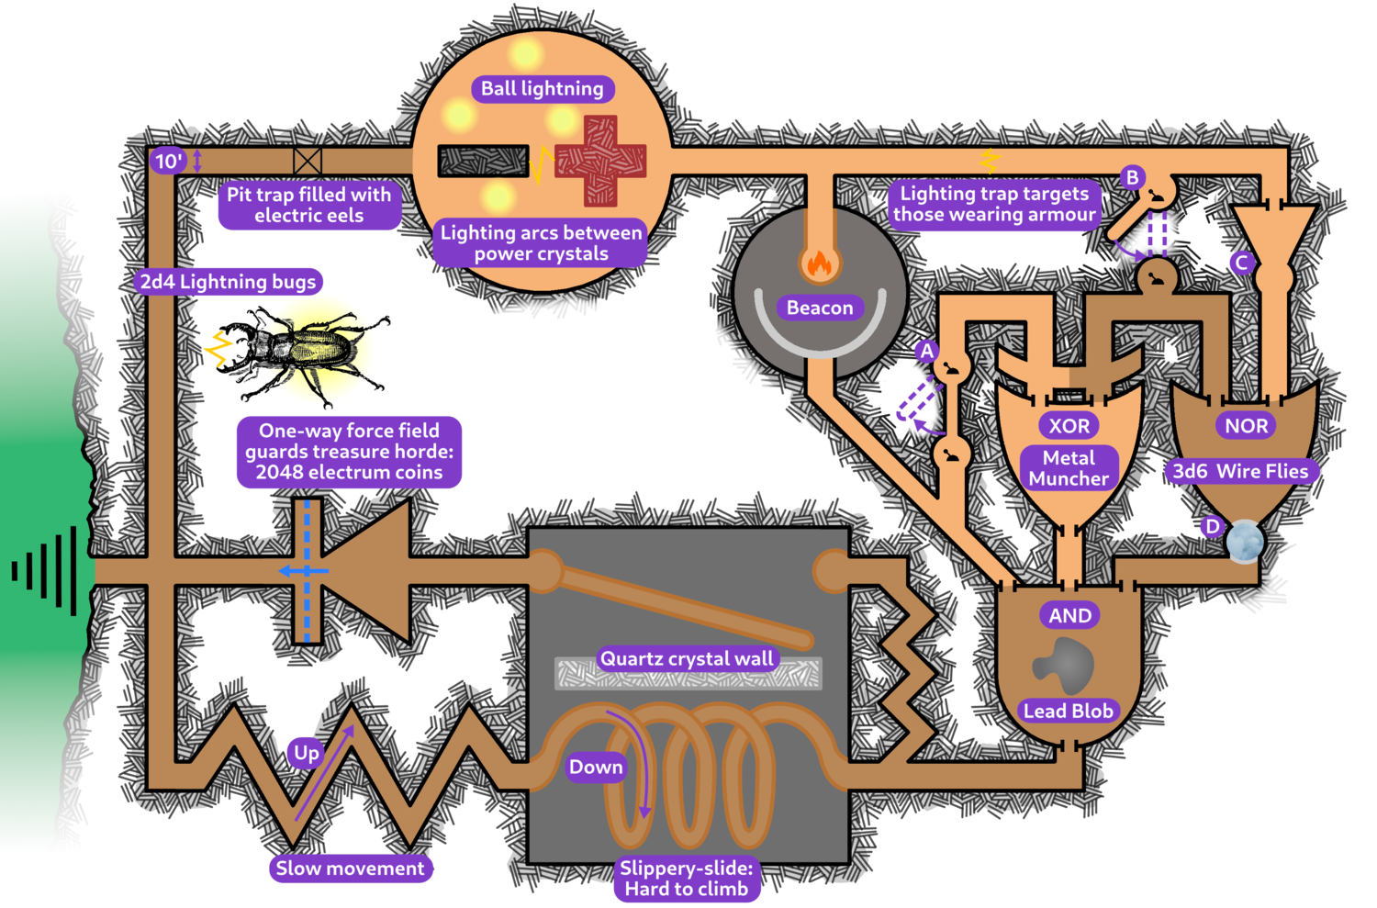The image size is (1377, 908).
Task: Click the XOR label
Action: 1069,426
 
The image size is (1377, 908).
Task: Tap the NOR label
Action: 1246,426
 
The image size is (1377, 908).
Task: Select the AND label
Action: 1069,616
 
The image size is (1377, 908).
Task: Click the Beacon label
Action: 820,308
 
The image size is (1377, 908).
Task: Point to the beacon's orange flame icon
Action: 818,263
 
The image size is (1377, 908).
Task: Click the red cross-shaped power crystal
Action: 600,161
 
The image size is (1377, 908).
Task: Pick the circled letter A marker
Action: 927,351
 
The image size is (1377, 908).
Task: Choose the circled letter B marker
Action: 1133,177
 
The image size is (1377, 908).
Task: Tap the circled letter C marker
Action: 1242,263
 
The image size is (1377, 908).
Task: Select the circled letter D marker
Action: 1213,527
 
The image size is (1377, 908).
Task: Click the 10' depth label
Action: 168,162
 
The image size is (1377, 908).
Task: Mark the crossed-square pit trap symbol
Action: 308,162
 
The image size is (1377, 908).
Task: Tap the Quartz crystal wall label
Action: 687,658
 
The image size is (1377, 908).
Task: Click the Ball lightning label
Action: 543,89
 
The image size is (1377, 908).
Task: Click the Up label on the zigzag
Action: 307,753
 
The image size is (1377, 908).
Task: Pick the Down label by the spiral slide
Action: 596,767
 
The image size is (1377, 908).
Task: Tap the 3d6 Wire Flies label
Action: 1240,472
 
